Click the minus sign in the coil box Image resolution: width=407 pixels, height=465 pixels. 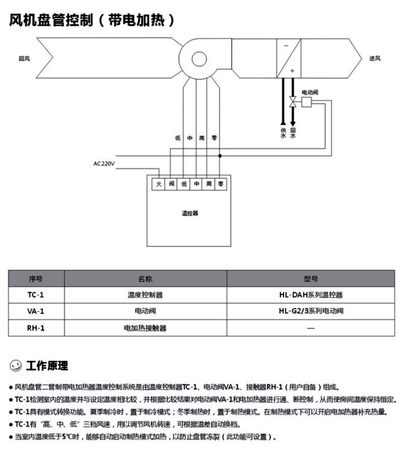point(286,45)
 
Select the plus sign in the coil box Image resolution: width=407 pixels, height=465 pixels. point(292,71)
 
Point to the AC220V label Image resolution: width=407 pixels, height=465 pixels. point(104,163)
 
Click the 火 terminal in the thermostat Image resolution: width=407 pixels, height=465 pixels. point(158,183)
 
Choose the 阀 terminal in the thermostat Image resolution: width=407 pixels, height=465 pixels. point(171,183)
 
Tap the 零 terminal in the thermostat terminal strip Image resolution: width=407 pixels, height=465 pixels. point(220,183)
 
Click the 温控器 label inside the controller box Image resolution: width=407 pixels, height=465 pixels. point(190,213)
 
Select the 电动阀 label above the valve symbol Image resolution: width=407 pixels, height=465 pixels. point(310,92)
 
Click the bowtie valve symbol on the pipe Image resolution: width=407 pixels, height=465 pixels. point(293,101)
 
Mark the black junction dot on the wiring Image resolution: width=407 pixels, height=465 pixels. point(220,156)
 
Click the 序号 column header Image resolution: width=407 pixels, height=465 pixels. point(35,279)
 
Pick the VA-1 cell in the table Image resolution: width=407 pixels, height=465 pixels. point(35,311)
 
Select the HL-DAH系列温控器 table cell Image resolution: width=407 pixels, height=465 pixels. point(311,295)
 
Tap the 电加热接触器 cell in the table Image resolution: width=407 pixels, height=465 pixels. point(145,327)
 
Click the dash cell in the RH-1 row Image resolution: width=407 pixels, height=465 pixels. point(311,327)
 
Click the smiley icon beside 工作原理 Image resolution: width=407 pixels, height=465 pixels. point(15,366)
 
